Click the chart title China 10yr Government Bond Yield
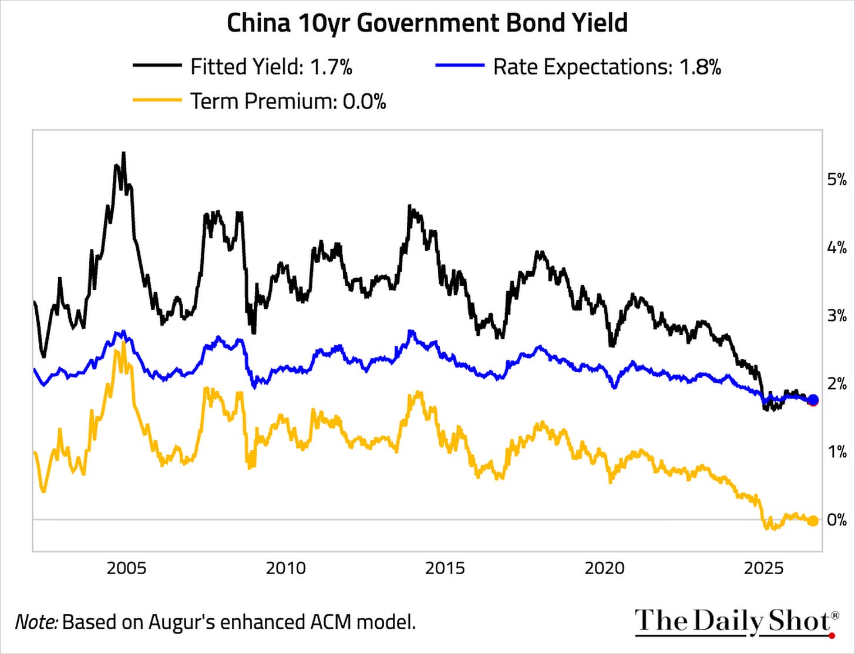coord(427,23)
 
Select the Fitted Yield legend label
coord(271,66)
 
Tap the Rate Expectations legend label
coord(607,66)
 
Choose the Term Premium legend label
coord(288,101)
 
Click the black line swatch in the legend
coord(157,65)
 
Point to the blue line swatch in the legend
coord(460,65)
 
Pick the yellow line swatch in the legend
coord(157,100)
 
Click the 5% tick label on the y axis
coord(837,180)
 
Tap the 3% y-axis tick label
coord(837,316)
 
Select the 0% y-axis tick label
coord(837,520)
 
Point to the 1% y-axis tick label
coord(837,452)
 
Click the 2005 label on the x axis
coord(127,569)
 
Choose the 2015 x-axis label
coord(445,569)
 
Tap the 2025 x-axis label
coord(763,569)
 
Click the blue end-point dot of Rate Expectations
coord(813,399)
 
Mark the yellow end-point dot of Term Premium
coord(813,521)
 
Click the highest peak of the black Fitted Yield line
coord(123,153)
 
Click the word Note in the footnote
coord(36,622)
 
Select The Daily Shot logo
coord(735,622)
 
